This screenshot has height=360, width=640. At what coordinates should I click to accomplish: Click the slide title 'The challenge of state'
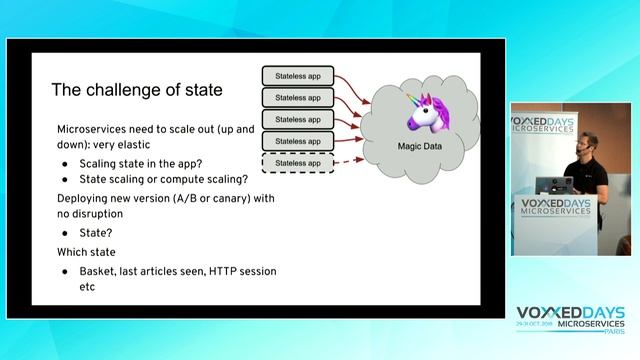(137, 91)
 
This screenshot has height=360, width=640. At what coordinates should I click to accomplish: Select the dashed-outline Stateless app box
(297, 162)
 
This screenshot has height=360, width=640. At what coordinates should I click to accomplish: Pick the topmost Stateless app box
(297, 76)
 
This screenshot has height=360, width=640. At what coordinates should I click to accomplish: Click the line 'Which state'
(86, 252)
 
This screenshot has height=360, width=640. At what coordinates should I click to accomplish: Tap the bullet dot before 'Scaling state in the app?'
(66, 163)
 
